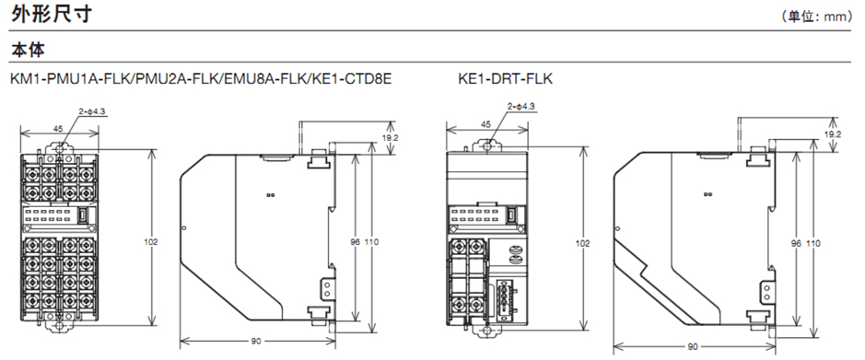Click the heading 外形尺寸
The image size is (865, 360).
tap(51, 14)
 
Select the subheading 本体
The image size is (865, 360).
tap(28, 50)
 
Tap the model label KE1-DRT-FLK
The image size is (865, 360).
tap(506, 79)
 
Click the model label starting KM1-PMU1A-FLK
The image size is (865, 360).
tap(201, 79)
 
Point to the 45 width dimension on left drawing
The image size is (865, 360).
tap(58, 129)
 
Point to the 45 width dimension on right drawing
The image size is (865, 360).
tap(485, 125)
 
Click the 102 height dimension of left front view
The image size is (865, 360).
tap(152, 242)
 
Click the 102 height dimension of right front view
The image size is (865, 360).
tap(583, 243)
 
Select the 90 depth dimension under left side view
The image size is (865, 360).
tap(256, 342)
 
